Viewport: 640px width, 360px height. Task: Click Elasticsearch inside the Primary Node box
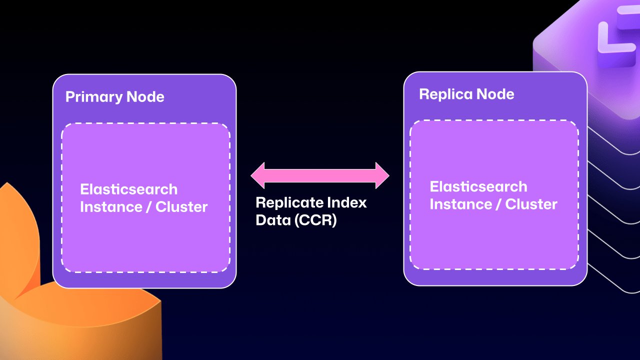128,189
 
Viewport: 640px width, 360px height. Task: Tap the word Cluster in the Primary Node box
181,207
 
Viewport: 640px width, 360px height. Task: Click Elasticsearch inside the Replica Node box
478,187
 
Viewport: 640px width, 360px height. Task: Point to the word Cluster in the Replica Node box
531,204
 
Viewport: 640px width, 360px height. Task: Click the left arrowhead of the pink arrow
258,175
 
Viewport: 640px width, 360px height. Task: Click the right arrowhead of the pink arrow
381,175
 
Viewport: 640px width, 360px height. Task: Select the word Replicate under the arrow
289,203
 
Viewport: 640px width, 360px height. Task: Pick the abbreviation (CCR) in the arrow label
315,220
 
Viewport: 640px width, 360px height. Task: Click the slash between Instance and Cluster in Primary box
147,207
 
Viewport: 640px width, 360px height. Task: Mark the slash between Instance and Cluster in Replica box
497,204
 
